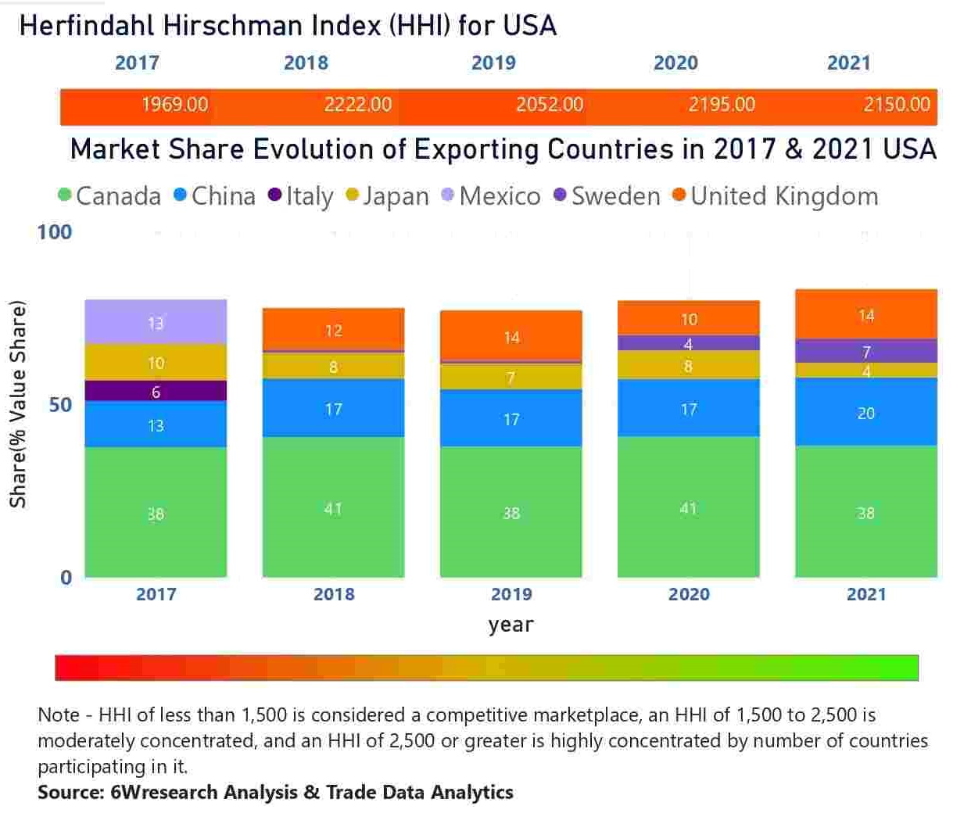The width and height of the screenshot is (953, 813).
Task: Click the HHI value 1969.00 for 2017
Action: click(x=174, y=105)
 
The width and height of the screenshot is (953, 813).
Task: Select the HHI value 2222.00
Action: click(x=357, y=105)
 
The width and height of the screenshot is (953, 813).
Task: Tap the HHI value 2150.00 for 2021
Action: click(x=896, y=105)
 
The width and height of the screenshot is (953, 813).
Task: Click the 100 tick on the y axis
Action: click(x=54, y=232)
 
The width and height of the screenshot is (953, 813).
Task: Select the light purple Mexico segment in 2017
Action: click(x=156, y=321)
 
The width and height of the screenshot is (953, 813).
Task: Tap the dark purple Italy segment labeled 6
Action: click(x=156, y=392)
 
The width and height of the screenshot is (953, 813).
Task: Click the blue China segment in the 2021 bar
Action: click(x=865, y=412)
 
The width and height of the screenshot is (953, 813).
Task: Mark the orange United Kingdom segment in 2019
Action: click(x=511, y=336)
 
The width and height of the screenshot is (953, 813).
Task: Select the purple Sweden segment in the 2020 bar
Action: click(x=688, y=343)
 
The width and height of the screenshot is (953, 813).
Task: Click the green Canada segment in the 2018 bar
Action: click(x=333, y=507)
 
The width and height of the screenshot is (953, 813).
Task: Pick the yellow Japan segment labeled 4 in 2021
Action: click(x=865, y=371)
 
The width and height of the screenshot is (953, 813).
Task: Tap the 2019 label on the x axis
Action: click(x=511, y=594)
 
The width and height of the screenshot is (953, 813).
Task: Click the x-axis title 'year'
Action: click(x=511, y=625)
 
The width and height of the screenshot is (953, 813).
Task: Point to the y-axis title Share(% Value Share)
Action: click(x=18, y=404)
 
